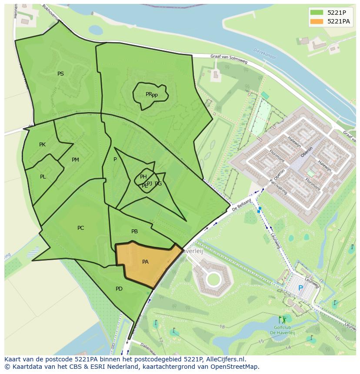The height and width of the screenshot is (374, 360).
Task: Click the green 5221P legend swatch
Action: pyautogui.click(x=317, y=13)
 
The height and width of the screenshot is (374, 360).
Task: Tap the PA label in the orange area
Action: pyautogui.click(x=145, y=262)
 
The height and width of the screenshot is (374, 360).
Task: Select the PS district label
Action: pyautogui.click(x=60, y=74)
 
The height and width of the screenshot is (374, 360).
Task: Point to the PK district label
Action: pyautogui.click(x=42, y=145)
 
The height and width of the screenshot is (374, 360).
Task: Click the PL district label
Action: pyautogui.click(x=43, y=177)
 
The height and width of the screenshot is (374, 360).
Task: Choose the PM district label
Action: pyautogui.click(x=75, y=160)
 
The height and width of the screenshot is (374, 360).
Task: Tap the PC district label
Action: pyautogui.click(x=80, y=228)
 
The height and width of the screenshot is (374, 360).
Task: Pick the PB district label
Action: pyautogui.click(x=134, y=232)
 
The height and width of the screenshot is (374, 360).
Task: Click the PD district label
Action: pyautogui.click(x=119, y=289)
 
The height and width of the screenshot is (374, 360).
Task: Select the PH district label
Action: pyautogui.click(x=143, y=176)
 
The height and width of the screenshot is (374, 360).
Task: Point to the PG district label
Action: pyautogui.click(x=158, y=184)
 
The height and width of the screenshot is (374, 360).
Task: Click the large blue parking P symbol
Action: pyautogui.click(x=300, y=288)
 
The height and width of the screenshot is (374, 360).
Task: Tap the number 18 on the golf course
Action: pyautogui.click(x=222, y=327)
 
